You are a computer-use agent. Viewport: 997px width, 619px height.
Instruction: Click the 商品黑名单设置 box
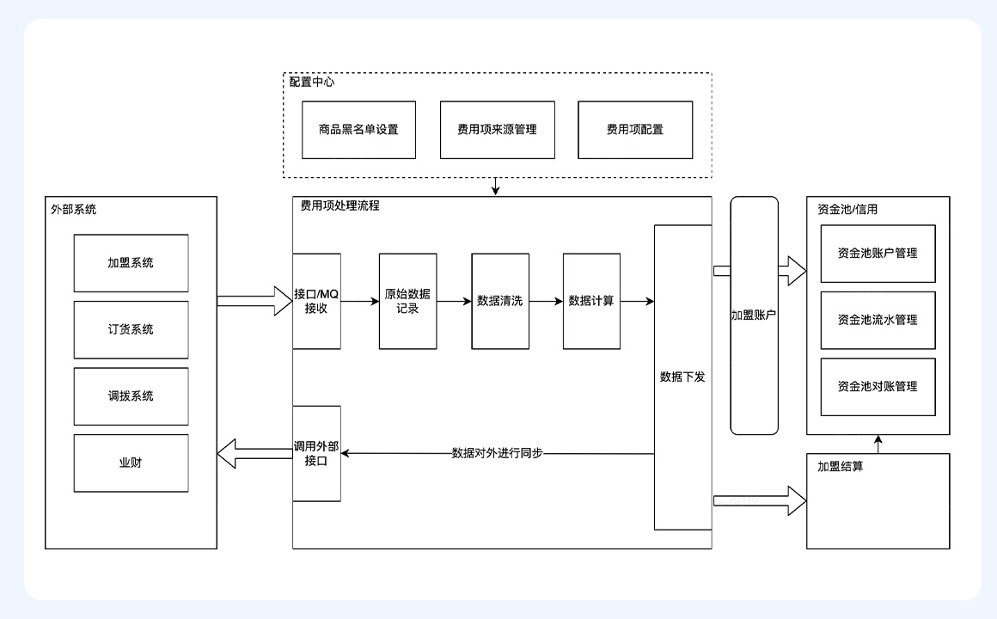358,130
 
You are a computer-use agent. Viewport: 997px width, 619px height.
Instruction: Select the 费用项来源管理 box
497,130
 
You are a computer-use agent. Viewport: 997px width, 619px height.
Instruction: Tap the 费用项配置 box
634,130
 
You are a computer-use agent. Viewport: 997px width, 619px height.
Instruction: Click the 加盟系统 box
131,263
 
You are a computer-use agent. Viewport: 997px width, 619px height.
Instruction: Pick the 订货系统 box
131,329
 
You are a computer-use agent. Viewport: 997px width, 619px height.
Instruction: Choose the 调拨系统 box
131,396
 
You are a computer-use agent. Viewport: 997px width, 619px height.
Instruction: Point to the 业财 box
131,463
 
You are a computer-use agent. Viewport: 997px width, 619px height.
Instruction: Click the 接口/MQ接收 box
316,301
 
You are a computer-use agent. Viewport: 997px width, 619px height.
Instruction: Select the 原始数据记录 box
407,301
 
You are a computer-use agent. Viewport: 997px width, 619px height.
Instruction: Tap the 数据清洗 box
499,301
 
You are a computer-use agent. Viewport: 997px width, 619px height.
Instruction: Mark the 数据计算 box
591,301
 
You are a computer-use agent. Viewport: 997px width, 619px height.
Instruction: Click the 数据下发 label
682,377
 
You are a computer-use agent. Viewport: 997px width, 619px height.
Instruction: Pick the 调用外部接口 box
316,453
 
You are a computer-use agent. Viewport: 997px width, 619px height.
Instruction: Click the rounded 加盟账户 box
754,316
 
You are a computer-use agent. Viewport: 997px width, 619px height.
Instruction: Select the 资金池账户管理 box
878,254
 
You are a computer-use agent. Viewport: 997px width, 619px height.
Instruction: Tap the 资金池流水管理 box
878,320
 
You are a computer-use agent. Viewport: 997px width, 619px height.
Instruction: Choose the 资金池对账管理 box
878,387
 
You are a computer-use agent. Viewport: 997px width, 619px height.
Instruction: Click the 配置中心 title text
312,83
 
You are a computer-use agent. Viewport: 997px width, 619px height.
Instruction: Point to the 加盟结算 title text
840,467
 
